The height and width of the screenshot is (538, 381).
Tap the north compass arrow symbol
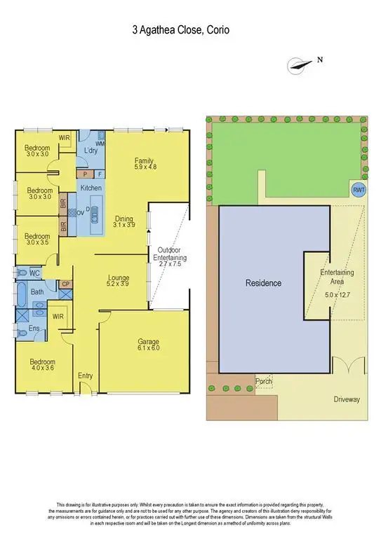[x=300, y=64]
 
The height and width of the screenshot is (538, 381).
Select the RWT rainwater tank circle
[x=359, y=190]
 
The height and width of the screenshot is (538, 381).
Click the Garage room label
[x=147, y=342]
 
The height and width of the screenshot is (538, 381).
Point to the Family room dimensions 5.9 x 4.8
[x=145, y=168]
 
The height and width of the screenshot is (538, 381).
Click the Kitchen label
[x=91, y=189]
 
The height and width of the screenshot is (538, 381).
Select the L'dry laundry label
[x=90, y=151]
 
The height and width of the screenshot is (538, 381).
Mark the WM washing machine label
[x=100, y=144]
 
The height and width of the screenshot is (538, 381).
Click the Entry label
[x=85, y=376]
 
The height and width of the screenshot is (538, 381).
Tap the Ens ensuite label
[x=33, y=327]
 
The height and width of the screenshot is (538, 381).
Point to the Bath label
[x=37, y=293]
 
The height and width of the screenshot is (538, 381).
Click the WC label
[x=34, y=273]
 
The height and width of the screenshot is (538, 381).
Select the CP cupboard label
[x=66, y=284]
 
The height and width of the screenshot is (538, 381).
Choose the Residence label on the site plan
[x=263, y=283]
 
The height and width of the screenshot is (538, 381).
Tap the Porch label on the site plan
[x=264, y=382]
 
